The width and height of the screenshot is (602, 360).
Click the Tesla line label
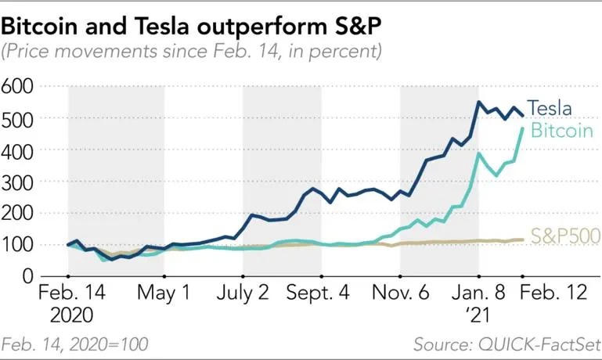[550, 109]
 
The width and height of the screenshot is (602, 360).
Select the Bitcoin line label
[561, 131]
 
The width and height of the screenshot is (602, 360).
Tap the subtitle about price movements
[191, 52]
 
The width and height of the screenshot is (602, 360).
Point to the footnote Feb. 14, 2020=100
[75, 344]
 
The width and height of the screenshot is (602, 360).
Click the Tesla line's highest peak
[478, 103]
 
